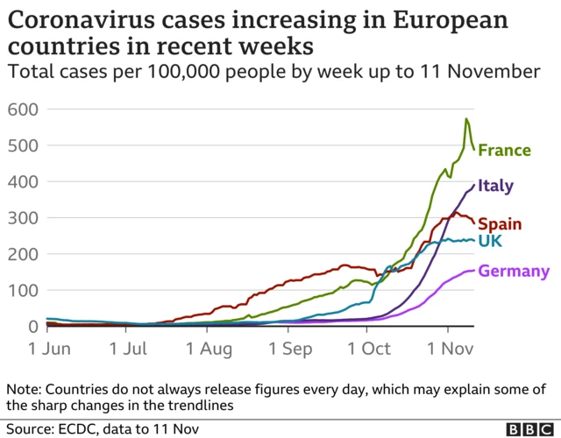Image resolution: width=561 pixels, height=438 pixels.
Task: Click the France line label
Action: [x=504, y=151]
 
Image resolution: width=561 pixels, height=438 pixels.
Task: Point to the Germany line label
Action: [x=515, y=272]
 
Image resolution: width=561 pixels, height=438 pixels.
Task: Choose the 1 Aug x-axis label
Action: [x=209, y=349]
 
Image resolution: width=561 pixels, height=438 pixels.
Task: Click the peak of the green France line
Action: [x=466, y=119]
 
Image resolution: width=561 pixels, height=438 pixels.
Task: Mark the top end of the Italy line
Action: [x=474, y=184]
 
